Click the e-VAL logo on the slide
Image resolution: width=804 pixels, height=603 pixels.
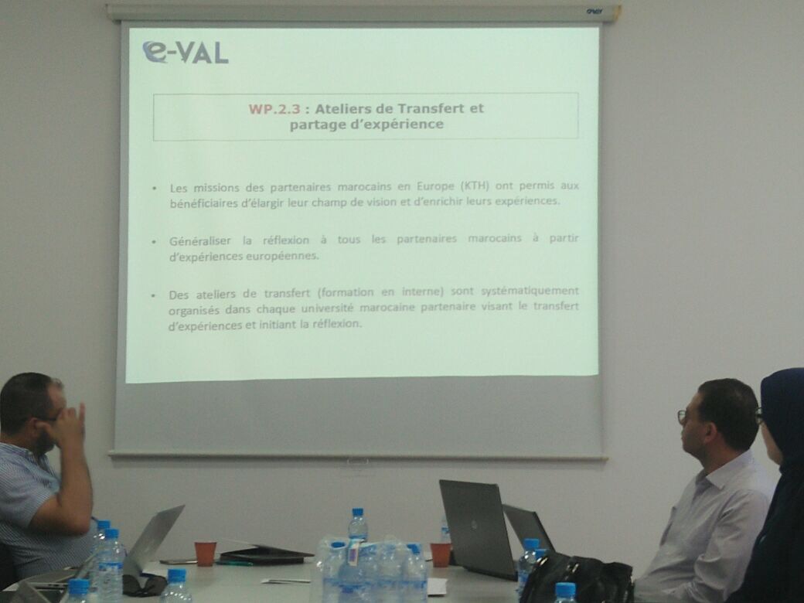pos(185,53)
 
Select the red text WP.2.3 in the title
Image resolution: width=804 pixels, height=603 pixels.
pos(274,109)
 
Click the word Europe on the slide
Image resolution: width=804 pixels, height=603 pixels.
pos(435,186)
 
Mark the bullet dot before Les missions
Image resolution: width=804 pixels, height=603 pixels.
pos(155,189)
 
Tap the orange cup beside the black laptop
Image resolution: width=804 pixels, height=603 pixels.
pos(440,555)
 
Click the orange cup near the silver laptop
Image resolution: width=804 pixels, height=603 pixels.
pos(205,554)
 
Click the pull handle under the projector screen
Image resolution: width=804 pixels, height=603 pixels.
pos(357,462)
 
